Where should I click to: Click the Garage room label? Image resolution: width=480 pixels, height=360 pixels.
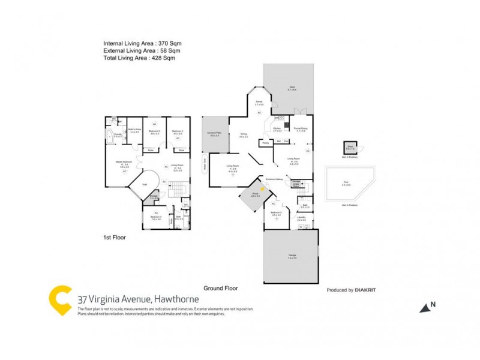coord(292,256)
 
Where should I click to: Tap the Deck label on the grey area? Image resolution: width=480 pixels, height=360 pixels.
coord(292,88)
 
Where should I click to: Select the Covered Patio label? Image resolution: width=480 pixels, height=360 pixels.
coord(214,133)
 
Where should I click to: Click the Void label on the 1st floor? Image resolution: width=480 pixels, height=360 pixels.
coord(145,185)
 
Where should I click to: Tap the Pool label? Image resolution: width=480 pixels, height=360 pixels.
coord(346,184)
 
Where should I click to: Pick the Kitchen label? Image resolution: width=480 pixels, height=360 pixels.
coord(277,128)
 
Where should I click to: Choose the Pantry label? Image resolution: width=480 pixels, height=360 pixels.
coord(265,143)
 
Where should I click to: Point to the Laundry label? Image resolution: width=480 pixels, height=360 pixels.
coord(302,219)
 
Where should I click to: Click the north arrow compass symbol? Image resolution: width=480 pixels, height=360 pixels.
coord(426,307)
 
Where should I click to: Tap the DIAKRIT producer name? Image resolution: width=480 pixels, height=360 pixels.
coord(368,290)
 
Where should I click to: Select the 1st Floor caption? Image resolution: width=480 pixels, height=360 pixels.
coord(113,238)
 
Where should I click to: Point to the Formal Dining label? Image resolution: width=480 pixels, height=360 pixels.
coord(300,128)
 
